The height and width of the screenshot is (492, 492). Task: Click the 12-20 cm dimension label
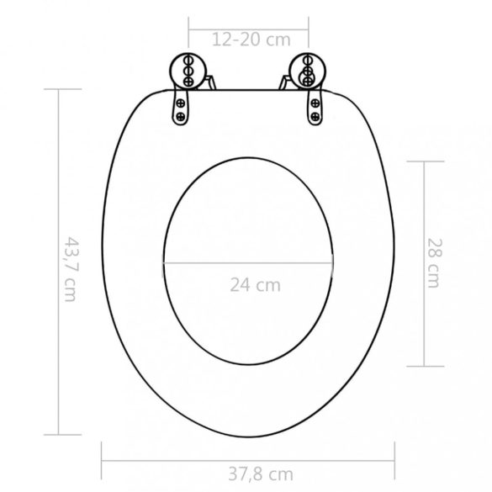[x=250, y=39]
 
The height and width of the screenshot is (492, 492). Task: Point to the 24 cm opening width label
[x=256, y=284]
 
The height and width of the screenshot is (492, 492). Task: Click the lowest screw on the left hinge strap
[x=180, y=117]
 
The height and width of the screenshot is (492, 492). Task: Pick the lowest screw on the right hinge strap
[x=315, y=117]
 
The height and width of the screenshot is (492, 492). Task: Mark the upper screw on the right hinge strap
[x=314, y=104]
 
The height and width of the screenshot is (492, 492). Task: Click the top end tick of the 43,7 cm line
[x=58, y=89]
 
